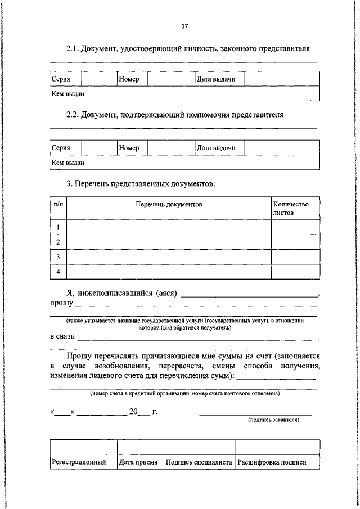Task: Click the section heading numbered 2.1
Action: click(188, 49)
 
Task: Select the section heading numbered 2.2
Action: click(174, 115)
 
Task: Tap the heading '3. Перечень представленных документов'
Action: click(141, 183)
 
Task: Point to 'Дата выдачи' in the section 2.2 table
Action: click(215, 148)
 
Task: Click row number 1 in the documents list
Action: click(58, 227)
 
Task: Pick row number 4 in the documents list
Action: click(58, 272)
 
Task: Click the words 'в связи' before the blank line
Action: click(62, 337)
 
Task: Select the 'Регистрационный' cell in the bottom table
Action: click(79, 462)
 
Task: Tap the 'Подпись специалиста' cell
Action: click(199, 462)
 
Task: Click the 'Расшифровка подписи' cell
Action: click(272, 462)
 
